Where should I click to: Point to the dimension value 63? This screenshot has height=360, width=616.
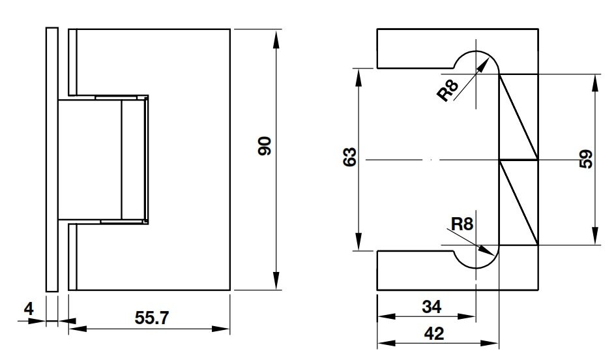tap(350, 157)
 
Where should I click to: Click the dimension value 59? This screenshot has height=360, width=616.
tap(586, 160)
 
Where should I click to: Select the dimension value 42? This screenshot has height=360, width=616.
tap(434, 333)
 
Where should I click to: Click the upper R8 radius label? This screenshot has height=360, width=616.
tap(448, 90)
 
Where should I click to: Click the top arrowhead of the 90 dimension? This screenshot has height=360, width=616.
tap(277, 36)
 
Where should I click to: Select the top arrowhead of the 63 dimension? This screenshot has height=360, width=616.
tap(359, 73)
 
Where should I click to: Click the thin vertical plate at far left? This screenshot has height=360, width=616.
tap(52, 160)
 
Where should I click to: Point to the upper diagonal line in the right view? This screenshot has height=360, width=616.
tap(519, 117)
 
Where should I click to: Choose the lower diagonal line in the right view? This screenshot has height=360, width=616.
tap(519, 203)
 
